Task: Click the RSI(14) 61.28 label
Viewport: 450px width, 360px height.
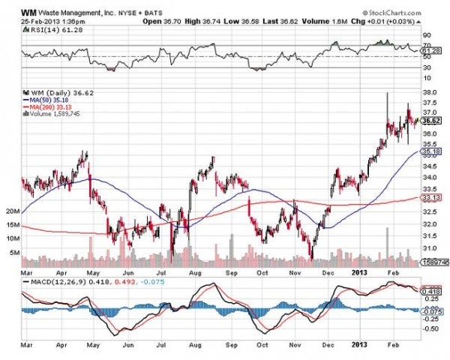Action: point(46,31)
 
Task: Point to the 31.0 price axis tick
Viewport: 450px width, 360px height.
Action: point(430,247)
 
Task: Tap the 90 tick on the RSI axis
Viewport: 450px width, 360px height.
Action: point(426,34)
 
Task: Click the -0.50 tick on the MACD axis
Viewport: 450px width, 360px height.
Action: point(431,328)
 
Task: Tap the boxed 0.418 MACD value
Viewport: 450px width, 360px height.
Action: point(431,290)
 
